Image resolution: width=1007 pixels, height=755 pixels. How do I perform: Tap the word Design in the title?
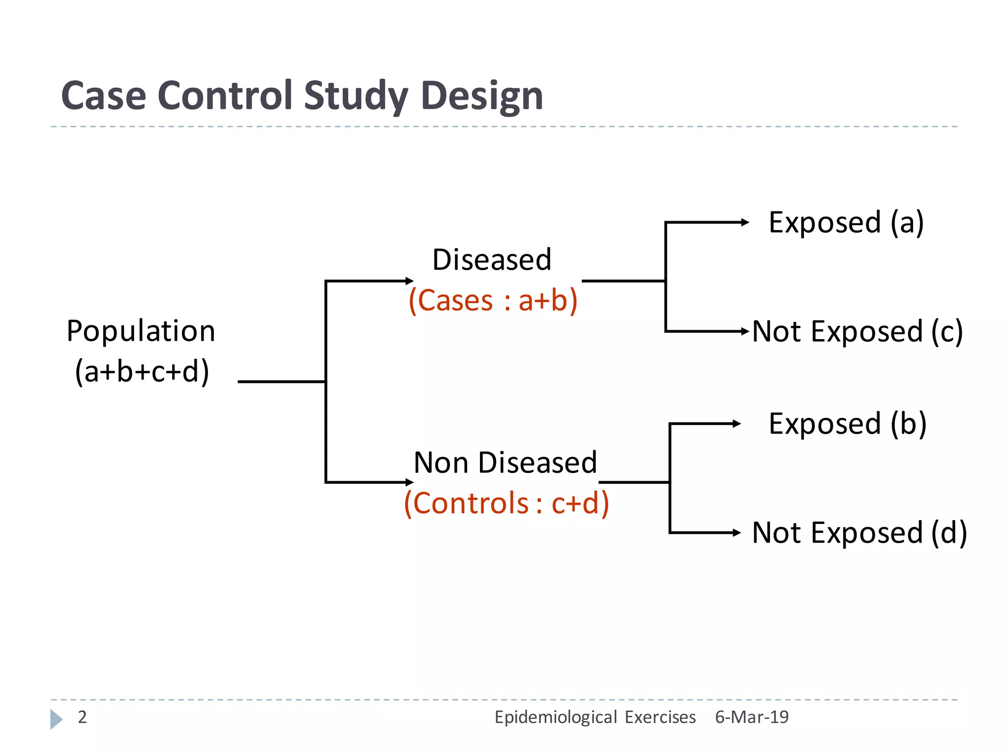[481, 96]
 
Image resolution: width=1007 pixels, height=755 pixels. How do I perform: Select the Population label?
[141, 331]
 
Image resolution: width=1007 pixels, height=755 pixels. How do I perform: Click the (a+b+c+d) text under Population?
[142, 371]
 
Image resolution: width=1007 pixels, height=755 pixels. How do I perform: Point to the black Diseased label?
[492, 260]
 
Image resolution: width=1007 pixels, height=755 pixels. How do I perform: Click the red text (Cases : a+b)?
[493, 300]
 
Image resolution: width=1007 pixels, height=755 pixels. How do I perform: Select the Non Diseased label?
[505, 463]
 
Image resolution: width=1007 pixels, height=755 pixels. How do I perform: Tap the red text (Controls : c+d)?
[506, 503]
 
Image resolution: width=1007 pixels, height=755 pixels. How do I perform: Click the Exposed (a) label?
[846, 222]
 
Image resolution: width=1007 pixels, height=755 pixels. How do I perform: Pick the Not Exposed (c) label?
[857, 331]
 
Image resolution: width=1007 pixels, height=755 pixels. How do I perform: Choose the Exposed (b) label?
[847, 424]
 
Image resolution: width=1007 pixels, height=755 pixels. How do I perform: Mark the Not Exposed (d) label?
[859, 533]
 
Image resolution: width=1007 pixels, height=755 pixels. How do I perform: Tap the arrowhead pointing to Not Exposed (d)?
[737, 532]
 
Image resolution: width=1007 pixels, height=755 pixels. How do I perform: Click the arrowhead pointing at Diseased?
[410, 281]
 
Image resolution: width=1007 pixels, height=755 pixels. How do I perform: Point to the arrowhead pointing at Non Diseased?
[410, 482]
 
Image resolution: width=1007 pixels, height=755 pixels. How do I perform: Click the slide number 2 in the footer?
[82, 717]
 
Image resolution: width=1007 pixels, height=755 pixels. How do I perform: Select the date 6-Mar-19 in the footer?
[751, 717]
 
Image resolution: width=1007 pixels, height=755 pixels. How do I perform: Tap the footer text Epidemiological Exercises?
[594, 717]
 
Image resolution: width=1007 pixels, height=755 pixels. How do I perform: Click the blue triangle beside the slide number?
[56, 719]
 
